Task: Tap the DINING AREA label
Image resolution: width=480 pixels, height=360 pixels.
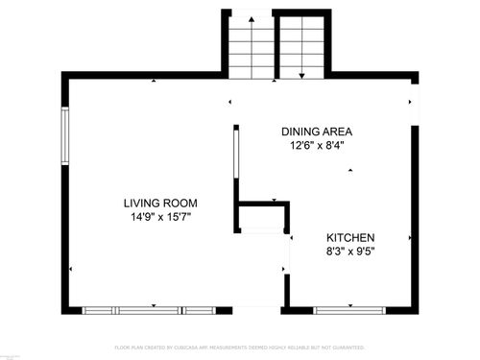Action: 317,132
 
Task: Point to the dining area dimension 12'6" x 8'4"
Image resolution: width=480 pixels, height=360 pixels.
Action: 317,146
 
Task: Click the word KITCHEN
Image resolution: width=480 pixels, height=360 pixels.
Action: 349,237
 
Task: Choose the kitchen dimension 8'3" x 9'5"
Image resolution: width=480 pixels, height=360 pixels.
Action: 349,252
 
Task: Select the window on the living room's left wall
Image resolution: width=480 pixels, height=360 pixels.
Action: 65,138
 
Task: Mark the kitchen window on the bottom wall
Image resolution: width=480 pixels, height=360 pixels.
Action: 349,310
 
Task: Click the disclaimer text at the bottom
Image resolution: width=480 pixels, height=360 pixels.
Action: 240,347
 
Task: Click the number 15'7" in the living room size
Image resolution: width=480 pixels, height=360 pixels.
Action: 178,217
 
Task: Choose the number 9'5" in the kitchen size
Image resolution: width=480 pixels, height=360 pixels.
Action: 364,252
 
